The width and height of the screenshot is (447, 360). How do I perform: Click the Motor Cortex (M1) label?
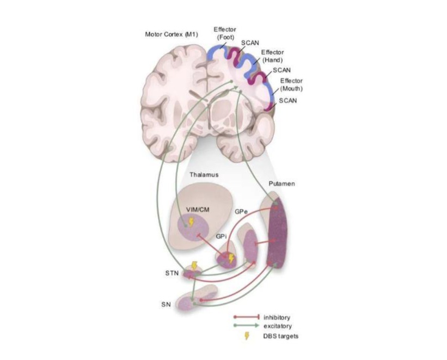click(x=172, y=34)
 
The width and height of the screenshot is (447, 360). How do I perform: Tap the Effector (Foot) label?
click(x=225, y=33)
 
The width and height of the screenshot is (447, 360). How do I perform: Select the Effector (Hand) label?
click(x=273, y=56)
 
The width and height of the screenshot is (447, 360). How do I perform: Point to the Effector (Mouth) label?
click(x=291, y=85)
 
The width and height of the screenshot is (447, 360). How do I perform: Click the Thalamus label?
click(x=204, y=175)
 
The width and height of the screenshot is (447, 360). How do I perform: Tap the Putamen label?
click(x=281, y=184)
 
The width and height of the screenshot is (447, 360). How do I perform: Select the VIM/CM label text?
click(x=198, y=210)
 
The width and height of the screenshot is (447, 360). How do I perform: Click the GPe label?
click(x=241, y=212)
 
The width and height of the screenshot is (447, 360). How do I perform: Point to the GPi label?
click(x=221, y=236)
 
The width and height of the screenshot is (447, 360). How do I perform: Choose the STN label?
click(x=172, y=273)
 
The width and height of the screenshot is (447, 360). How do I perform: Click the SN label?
click(x=166, y=304)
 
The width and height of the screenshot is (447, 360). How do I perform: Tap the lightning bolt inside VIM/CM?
click(x=191, y=222)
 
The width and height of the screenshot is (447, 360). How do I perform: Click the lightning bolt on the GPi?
click(x=231, y=259)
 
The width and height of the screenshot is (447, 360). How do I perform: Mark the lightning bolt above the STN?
click(x=194, y=266)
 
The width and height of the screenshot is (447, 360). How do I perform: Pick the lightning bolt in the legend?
click(x=247, y=335)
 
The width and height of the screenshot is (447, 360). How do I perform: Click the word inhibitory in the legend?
click(x=277, y=317)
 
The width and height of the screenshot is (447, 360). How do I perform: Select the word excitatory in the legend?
click(x=278, y=326)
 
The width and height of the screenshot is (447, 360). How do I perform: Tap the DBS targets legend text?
click(x=281, y=335)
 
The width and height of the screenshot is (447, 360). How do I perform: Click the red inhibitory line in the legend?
click(x=246, y=317)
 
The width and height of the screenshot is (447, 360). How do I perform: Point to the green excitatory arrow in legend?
click(x=246, y=326)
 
